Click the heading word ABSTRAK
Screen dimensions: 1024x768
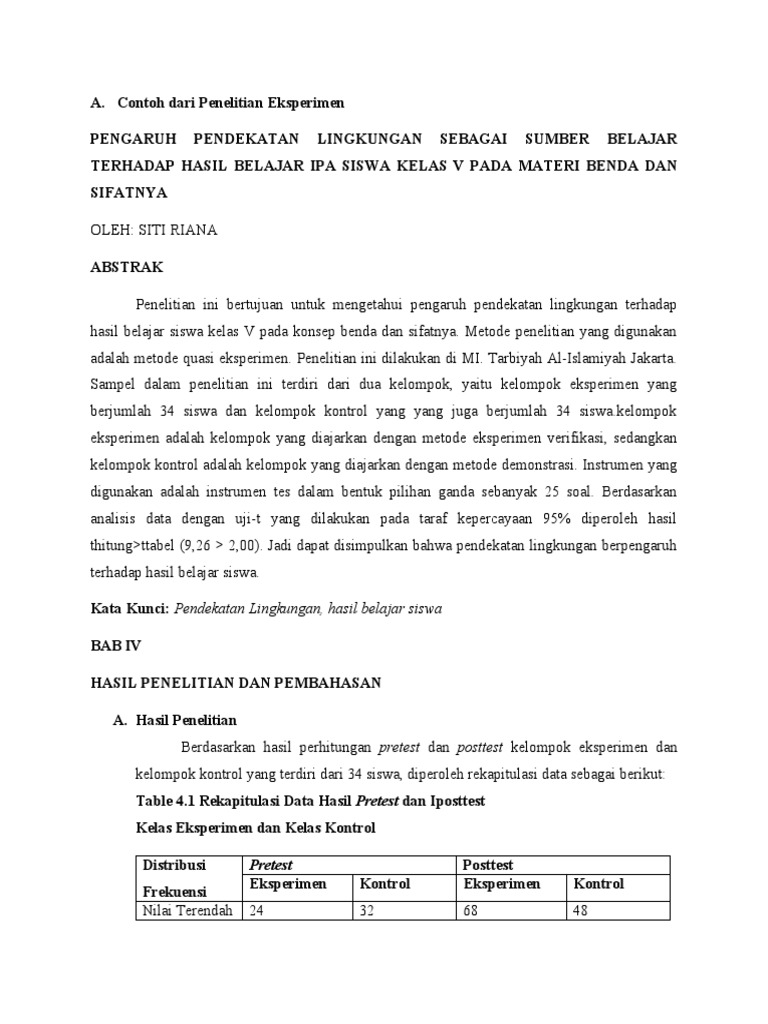(125, 268)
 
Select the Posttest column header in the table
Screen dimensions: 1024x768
(488, 864)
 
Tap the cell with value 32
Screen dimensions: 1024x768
(368, 910)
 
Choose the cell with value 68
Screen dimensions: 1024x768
(472, 910)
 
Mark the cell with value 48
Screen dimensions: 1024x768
(580, 910)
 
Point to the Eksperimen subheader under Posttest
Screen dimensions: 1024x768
(501, 885)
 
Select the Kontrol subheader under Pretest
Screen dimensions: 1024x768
(385, 885)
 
